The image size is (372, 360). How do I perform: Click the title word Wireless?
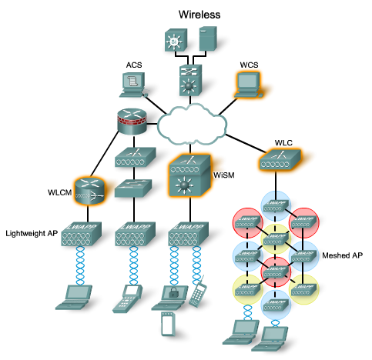point(199,14)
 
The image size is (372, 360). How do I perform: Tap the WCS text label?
point(246,64)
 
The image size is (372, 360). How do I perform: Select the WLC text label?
point(283,143)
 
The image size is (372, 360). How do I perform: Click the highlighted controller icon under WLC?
point(278,160)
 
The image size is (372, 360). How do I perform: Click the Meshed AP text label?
point(341,255)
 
